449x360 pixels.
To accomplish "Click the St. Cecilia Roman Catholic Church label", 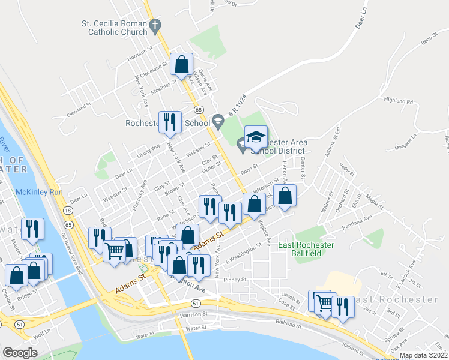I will pos(114,28).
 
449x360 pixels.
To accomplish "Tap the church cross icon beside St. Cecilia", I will pos(155,25).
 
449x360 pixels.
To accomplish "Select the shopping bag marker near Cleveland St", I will pos(181,64).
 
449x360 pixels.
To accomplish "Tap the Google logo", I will pos(20,353).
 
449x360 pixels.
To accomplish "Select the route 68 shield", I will pos(197,109).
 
